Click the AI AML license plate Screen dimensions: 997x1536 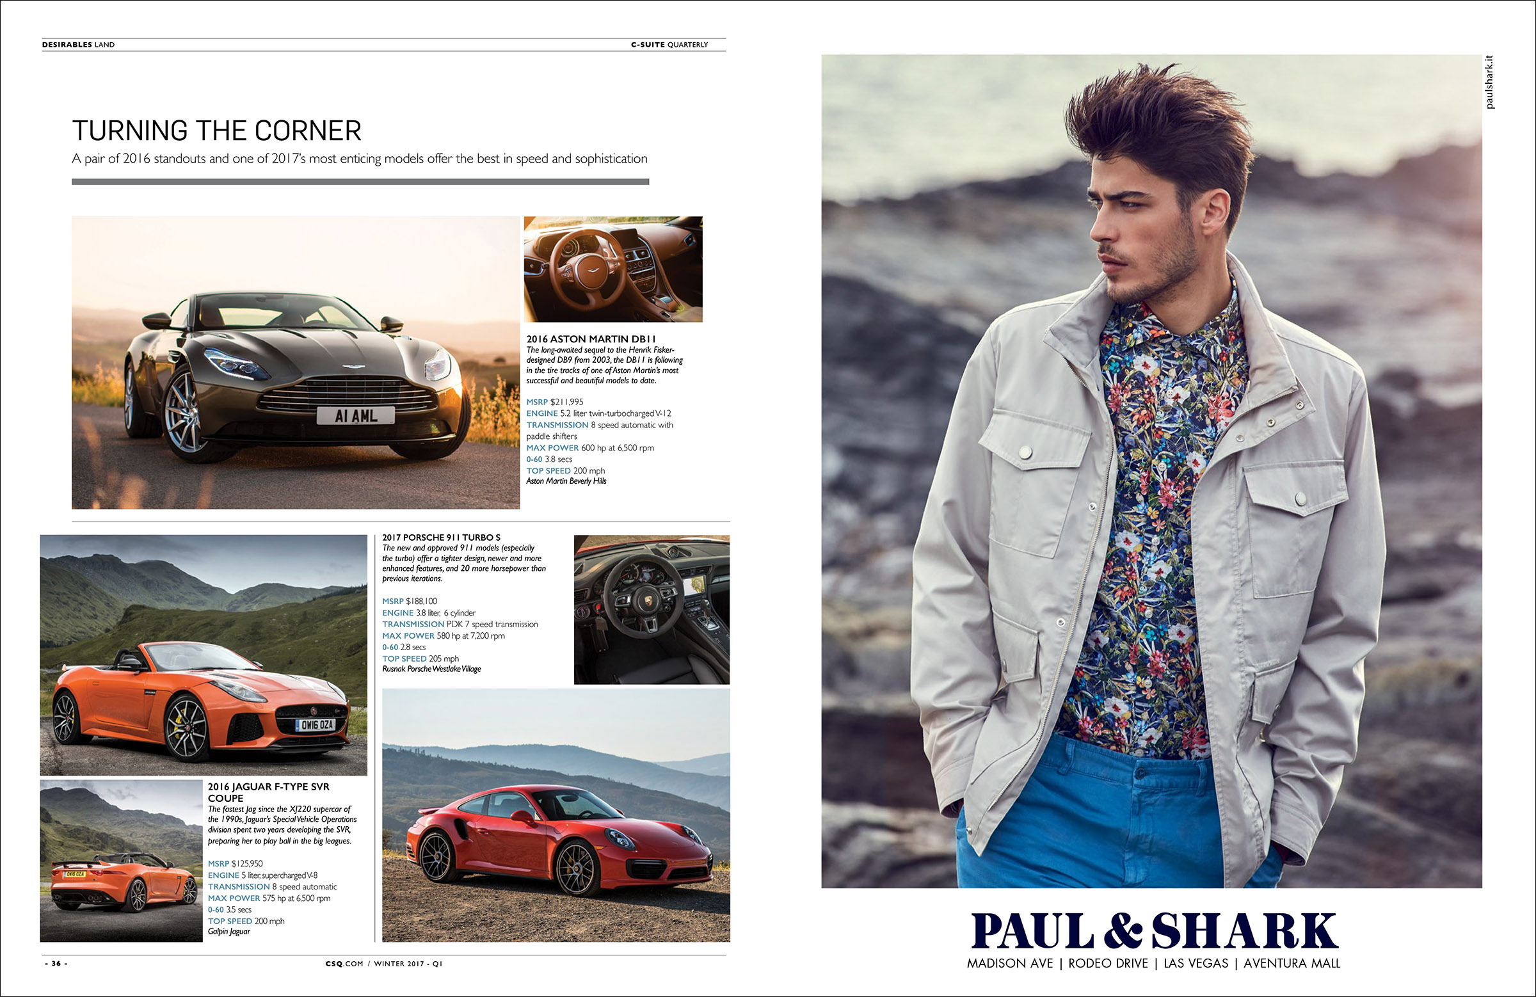pyautogui.click(x=356, y=416)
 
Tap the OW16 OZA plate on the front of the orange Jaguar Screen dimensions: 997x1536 pyautogui.click(x=316, y=724)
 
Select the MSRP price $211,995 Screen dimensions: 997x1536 pyautogui.click(x=566, y=402)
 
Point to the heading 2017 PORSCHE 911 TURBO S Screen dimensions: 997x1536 pyautogui.click(x=441, y=538)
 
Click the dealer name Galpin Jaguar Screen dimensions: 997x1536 pyautogui.click(x=228, y=932)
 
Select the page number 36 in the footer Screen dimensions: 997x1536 pyautogui.click(x=56, y=964)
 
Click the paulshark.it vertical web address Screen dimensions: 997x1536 pyautogui.click(x=1489, y=82)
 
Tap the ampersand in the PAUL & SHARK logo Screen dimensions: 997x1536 pyautogui.click(x=1123, y=931)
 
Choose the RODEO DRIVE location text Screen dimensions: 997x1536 pyautogui.click(x=1108, y=964)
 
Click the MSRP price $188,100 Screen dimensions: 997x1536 pyautogui.click(x=421, y=602)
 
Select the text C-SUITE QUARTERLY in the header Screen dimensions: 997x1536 pyautogui.click(x=669, y=45)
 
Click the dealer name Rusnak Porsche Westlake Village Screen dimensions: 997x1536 pyautogui.click(x=431, y=669)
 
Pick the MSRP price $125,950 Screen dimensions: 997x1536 pyautogui.click(x=247, y=864)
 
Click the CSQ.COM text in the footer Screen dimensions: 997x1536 pyautogui.click(x=344, y=964)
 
